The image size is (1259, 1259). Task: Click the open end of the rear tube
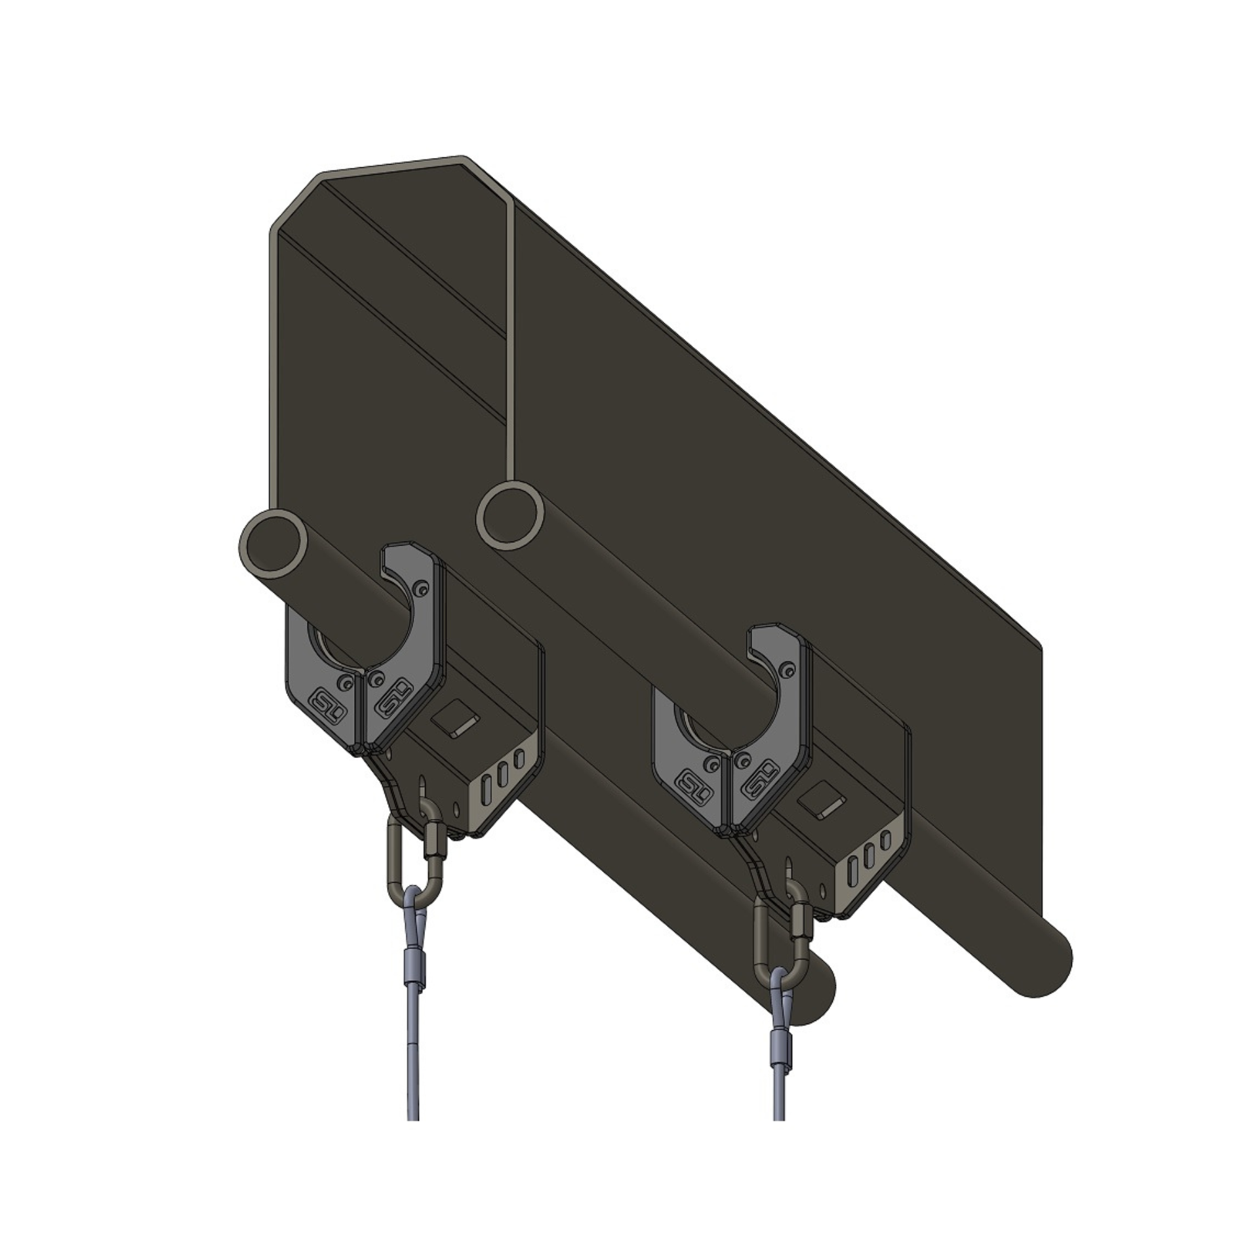[511, 515]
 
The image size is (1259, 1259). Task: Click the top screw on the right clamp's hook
[789, 668]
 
